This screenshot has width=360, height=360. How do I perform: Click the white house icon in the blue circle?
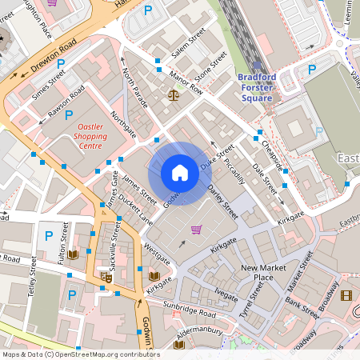tap(180, 173)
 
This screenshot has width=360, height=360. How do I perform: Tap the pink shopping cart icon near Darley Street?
tap(196, 230)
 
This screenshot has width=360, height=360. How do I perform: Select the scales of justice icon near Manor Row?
tap(174, 94)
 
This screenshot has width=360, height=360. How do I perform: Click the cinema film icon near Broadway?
tap(346, 295)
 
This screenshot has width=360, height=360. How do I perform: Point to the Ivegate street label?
tap(226, 295)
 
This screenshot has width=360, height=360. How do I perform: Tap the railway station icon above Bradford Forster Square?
tap(256, 68)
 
